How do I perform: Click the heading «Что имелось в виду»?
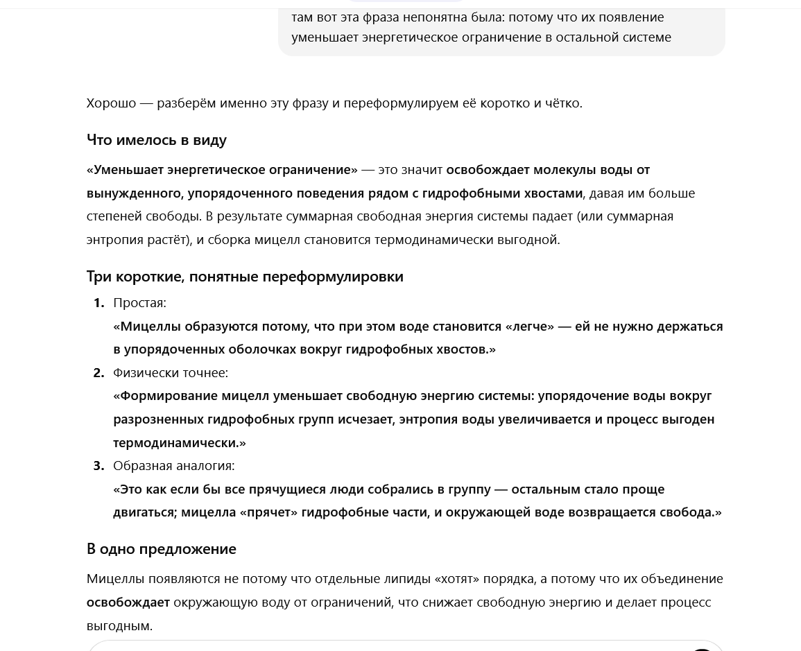coord(156,140)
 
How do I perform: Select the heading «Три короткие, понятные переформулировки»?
coord(245,277)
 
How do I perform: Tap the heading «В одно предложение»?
coord(161,549)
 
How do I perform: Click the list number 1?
coord(99,303)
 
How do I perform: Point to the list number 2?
coord(99,373)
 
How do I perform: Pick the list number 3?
coord(99,466)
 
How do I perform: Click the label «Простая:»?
coord(139,303)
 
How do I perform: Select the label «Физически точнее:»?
coord(171,373)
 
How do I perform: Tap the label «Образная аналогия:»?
coord(173,466)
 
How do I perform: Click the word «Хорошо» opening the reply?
coord(111,103)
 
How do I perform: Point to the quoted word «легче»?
coord(530,327)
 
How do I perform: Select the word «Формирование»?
coord(169,396)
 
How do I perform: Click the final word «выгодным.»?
coord(119,626)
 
